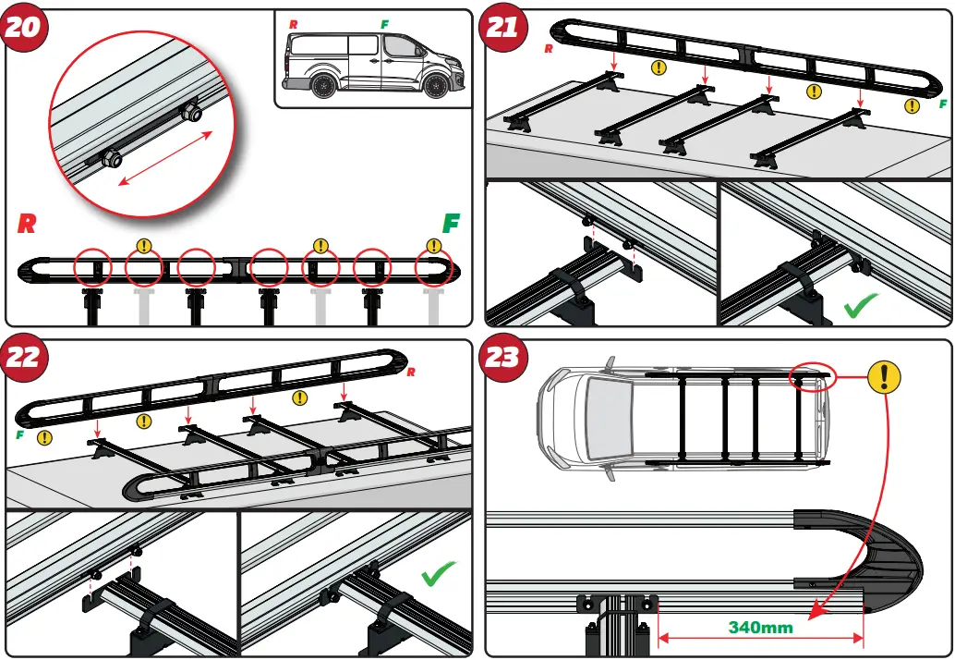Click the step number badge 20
pyautogui.click(x=24, y=28)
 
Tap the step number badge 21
pyautogui.click(x=502, y=28)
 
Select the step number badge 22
pyautogui.click(x=24, y=358)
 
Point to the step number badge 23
pyautogui.click(x=502, y=358)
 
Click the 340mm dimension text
pyautogui.click(x=761, y=628)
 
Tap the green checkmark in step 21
pyautogui.click(x=861, y=306)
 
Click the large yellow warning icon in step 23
pyautogui.click(x=885, y=376)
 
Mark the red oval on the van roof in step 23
pyautogui.click(x=813, y=377)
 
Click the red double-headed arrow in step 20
pyautogui.click(x=166, y=159)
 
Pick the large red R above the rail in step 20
pyautogui.click(x=29, y=225)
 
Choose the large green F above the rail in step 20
pyautogui.click(x=452, y=224)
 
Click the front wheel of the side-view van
pyautogui.click(x=436, y=86)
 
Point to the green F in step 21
pyautogui.click(x=943, y=104)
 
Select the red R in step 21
pyautogui.click(x=549, y=49)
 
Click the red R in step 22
pyautogui.click(x=411, y=373)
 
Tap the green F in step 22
pyautogui.click(x=19, y=434)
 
